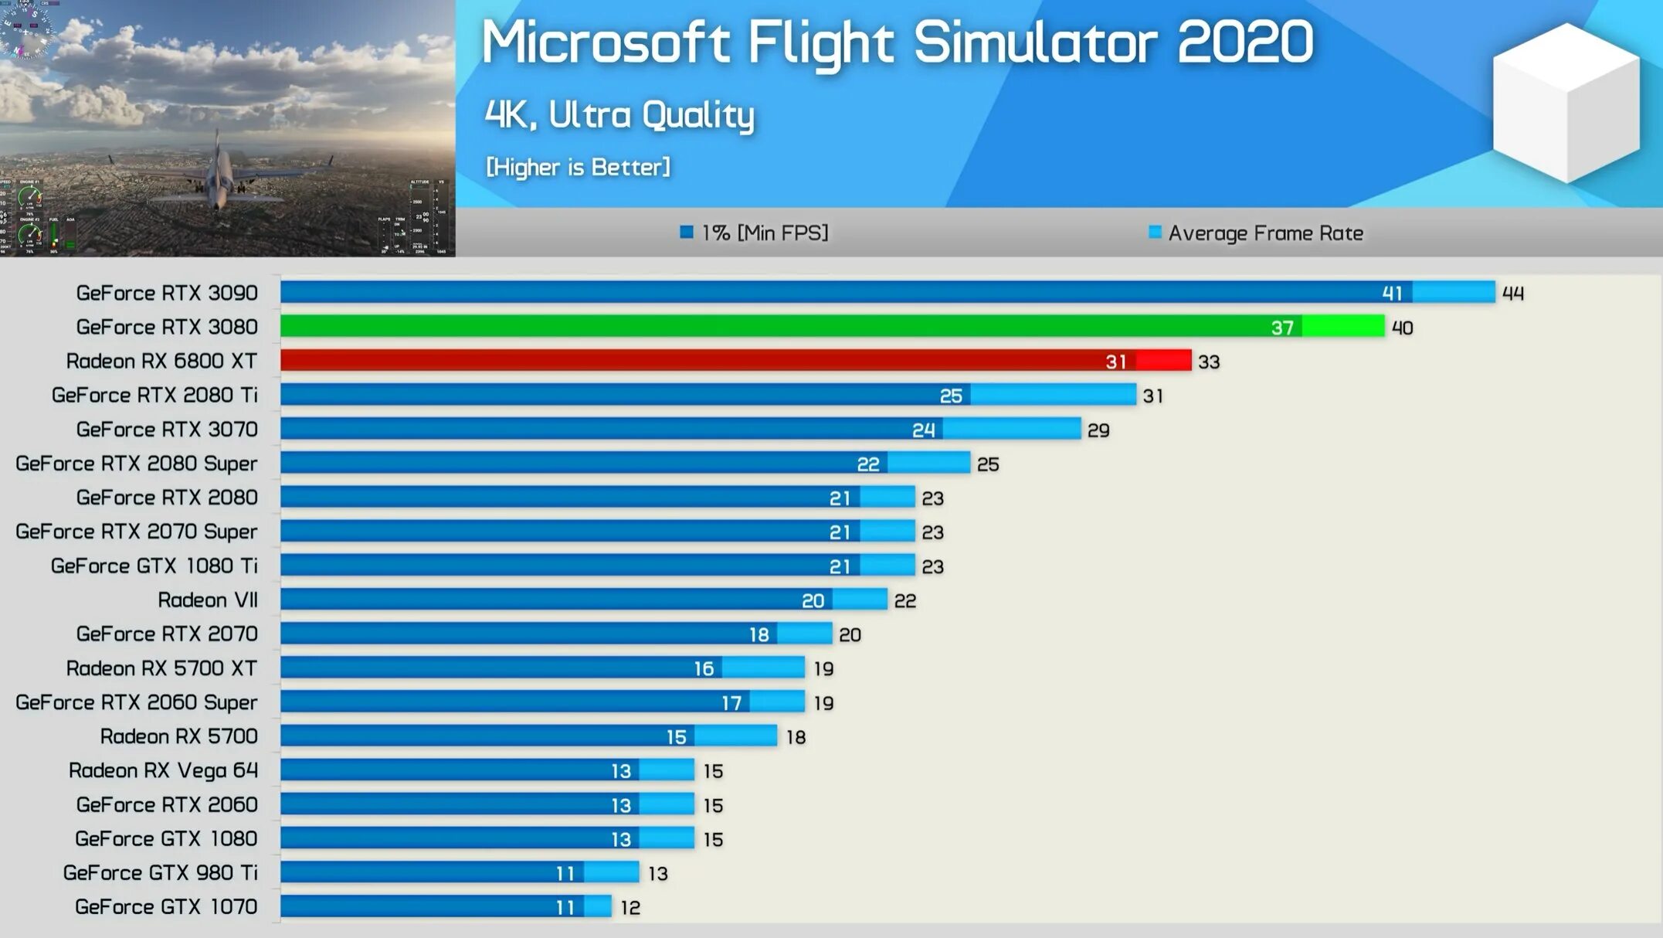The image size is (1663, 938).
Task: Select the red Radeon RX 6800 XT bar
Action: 695,361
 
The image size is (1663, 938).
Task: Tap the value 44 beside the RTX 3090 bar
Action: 1512,294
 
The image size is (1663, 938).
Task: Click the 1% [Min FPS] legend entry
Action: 754,233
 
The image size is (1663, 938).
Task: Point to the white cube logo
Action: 1566,104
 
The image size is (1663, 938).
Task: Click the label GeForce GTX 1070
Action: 166,906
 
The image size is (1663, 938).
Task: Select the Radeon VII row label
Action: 207,600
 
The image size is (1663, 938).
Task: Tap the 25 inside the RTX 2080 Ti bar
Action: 951,396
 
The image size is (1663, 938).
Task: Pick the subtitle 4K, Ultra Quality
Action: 619,115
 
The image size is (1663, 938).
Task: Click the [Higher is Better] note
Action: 578,167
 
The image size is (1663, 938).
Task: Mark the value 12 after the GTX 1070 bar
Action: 630,908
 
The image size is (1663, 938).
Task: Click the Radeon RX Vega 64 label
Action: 163,770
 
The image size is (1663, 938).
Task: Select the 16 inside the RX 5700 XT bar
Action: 704,668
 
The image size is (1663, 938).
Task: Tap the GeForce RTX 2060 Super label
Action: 136,702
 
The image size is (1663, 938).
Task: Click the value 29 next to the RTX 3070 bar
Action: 1098,430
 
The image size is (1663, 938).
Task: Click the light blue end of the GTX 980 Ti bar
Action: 612,872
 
